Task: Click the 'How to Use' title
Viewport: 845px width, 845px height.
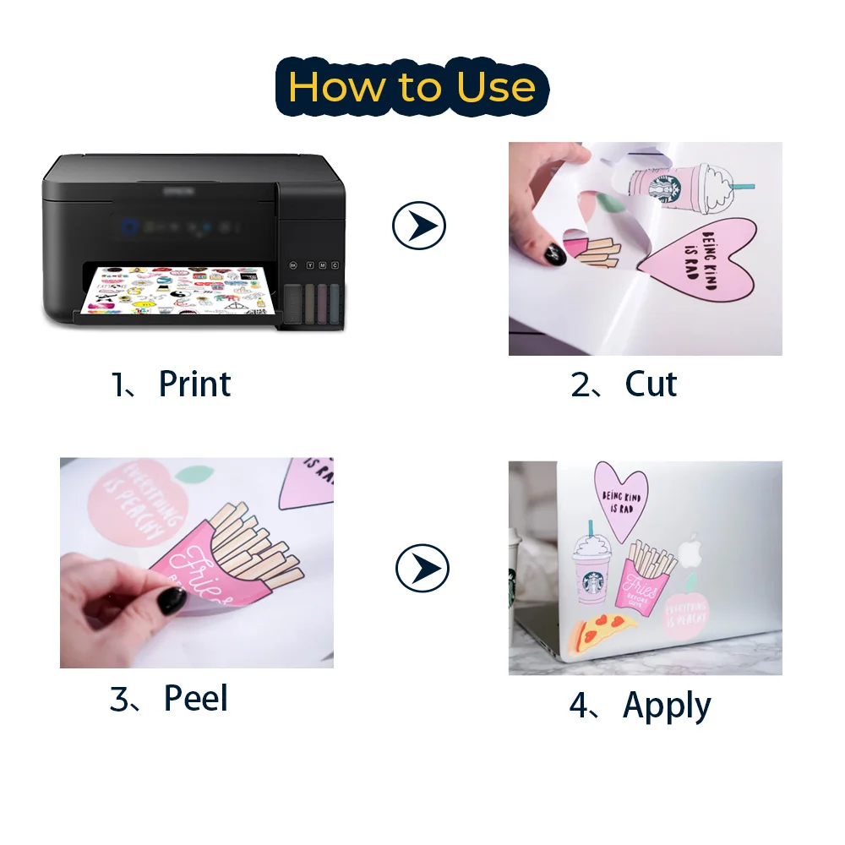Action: (x=412, y=87)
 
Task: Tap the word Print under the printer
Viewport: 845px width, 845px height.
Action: (x=194, y=384)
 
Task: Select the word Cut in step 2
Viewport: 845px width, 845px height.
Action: (x=651, y=384)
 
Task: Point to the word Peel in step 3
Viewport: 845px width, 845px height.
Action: (x=196, y=699)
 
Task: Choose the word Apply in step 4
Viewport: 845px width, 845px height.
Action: (x=667, y=706)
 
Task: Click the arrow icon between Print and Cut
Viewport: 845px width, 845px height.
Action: (x=419, y=226)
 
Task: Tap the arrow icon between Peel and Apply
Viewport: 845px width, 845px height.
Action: (x=422, y=570)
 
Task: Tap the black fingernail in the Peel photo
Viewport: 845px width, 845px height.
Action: (x=172, y=601)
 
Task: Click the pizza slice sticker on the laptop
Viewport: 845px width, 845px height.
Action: (x=605, y=630)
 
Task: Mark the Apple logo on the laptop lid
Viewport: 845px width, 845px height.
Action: (x=691, y=549)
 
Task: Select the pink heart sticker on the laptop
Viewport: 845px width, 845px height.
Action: (x=618, y=499)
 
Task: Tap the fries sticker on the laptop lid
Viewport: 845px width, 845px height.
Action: (x=650, y=575)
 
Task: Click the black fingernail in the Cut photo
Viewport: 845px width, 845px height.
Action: (x=556, y=250)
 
